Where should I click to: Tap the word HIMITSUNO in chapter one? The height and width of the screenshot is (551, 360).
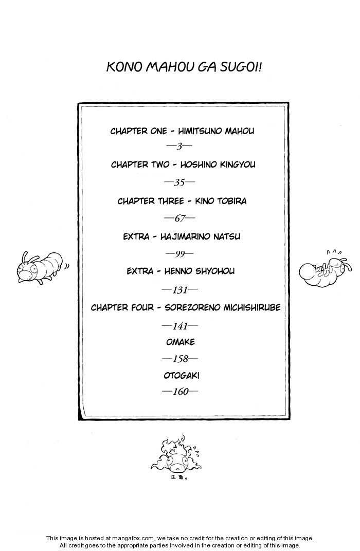click(x=200, y=131)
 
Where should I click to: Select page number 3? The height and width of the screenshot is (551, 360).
click(x=179, y=146)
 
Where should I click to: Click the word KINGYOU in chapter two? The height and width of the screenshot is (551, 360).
click(x=238, y=164)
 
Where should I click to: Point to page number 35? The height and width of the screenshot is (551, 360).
click(x=179, y=182)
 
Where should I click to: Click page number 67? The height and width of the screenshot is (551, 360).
click(x=179, y=218)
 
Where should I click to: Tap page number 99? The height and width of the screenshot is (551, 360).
click(x=179, y=254)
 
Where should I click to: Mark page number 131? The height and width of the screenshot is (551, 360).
click(x=179, y=290)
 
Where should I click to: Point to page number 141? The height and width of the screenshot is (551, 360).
click(x=179, y=326)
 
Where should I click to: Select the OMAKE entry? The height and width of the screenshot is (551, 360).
click(x=181, y=342)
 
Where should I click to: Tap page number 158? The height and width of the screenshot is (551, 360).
click(x=180, y=359)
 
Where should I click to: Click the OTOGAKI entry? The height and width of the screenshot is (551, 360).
click(x=182, y=376)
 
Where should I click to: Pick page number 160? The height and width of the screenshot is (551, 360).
click(x=180, y=392)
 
